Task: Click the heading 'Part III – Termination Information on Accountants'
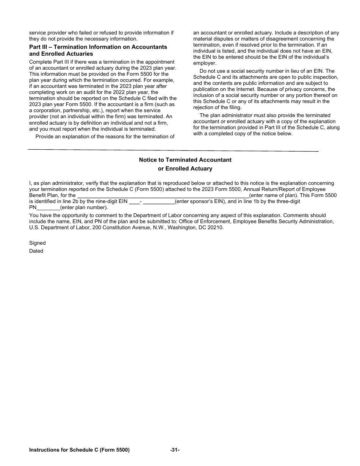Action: [x=98, y=47]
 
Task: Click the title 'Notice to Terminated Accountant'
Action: [x=185, y=160]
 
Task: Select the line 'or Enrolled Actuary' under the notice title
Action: [x=185, y=169]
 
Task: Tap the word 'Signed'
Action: [x=37, y=243]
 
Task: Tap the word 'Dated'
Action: [x=36, y=251]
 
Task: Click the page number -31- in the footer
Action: [x=175, y=450]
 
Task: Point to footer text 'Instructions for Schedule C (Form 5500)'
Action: [x=79, y=450]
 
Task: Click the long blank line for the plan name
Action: [x=163, y=196]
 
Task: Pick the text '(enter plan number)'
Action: [x=84, y=208]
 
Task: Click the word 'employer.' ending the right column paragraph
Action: [x=205, y=63]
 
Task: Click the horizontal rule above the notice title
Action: [x=173, y=150]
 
